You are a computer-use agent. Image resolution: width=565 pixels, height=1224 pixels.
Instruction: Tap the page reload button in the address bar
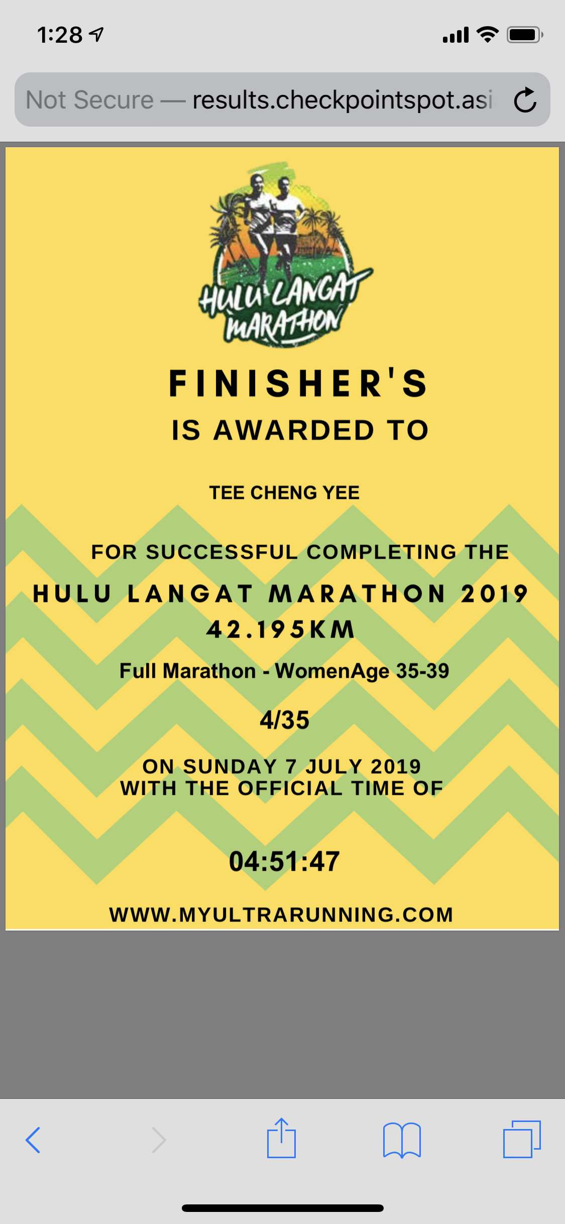tap(525, 99)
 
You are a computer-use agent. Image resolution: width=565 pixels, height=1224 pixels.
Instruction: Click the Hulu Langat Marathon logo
tap(285, 254)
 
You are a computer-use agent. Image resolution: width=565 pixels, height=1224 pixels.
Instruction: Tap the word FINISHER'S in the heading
tap(298, 383)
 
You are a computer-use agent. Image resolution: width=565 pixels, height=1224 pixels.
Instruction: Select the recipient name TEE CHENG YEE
tap(284, 492)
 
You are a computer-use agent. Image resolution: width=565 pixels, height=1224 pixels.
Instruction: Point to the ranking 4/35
tap(284, 720)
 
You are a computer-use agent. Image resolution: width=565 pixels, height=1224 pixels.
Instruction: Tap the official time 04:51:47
tap(284, 861)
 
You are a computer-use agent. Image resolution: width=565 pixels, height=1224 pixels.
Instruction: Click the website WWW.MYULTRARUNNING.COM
tap(281, 914)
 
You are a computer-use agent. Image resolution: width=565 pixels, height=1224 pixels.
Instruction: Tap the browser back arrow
tap(33, 1140)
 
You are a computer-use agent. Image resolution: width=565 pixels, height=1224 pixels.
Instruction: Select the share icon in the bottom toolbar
tap(281, 1138)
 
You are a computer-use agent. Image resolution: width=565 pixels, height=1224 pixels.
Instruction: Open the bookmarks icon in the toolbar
tap(402, 1140)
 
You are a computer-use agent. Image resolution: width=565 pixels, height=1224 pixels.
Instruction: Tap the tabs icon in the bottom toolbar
tap(522, 1139)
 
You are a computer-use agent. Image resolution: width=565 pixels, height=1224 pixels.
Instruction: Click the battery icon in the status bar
tap(525, 35)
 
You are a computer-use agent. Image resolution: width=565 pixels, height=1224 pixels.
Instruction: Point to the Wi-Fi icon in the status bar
tap(487, 34)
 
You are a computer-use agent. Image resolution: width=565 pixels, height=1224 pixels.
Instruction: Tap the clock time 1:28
tap(60, 35)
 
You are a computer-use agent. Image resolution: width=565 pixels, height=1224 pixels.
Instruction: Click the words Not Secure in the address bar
tap(90, 99)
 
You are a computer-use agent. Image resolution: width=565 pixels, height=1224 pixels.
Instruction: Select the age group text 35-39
tap(423, 671)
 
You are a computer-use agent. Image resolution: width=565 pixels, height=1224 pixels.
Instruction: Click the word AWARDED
tap(294, 431)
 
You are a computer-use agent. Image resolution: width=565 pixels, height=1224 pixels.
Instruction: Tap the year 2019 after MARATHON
tap(495, 593)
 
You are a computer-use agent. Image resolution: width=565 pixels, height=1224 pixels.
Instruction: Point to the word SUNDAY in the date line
tap(230, 766)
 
